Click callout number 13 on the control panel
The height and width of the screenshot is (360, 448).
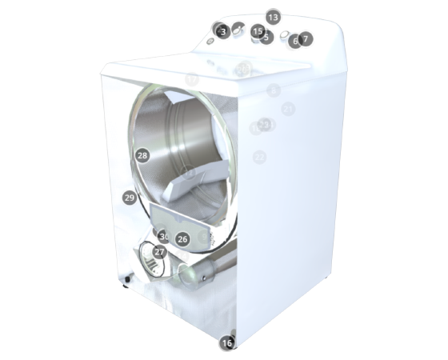pos(273,17)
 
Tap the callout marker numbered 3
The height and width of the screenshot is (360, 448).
pos(224,31)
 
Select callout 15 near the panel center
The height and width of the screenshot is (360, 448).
pos(258,30)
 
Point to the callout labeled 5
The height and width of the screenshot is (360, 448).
pos(266,37)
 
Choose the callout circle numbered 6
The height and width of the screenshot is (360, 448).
pos(294,41)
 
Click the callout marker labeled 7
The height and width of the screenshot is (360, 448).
pos(306,38)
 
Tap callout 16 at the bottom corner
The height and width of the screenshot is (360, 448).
pos(227,342)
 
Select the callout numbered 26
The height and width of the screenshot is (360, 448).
pos(182,238)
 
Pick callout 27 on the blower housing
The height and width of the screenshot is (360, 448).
pos(159,252)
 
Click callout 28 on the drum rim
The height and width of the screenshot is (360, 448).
pos(142,155)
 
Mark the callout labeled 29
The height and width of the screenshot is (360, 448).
pos(130,197)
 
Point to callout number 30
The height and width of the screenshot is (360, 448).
pos(164,237)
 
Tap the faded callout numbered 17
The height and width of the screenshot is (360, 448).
pos(192,79)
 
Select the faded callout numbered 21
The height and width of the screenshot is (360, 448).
pos(288,108)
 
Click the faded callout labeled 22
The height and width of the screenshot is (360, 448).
pos(259,158)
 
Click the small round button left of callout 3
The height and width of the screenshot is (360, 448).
pos(210,41)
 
